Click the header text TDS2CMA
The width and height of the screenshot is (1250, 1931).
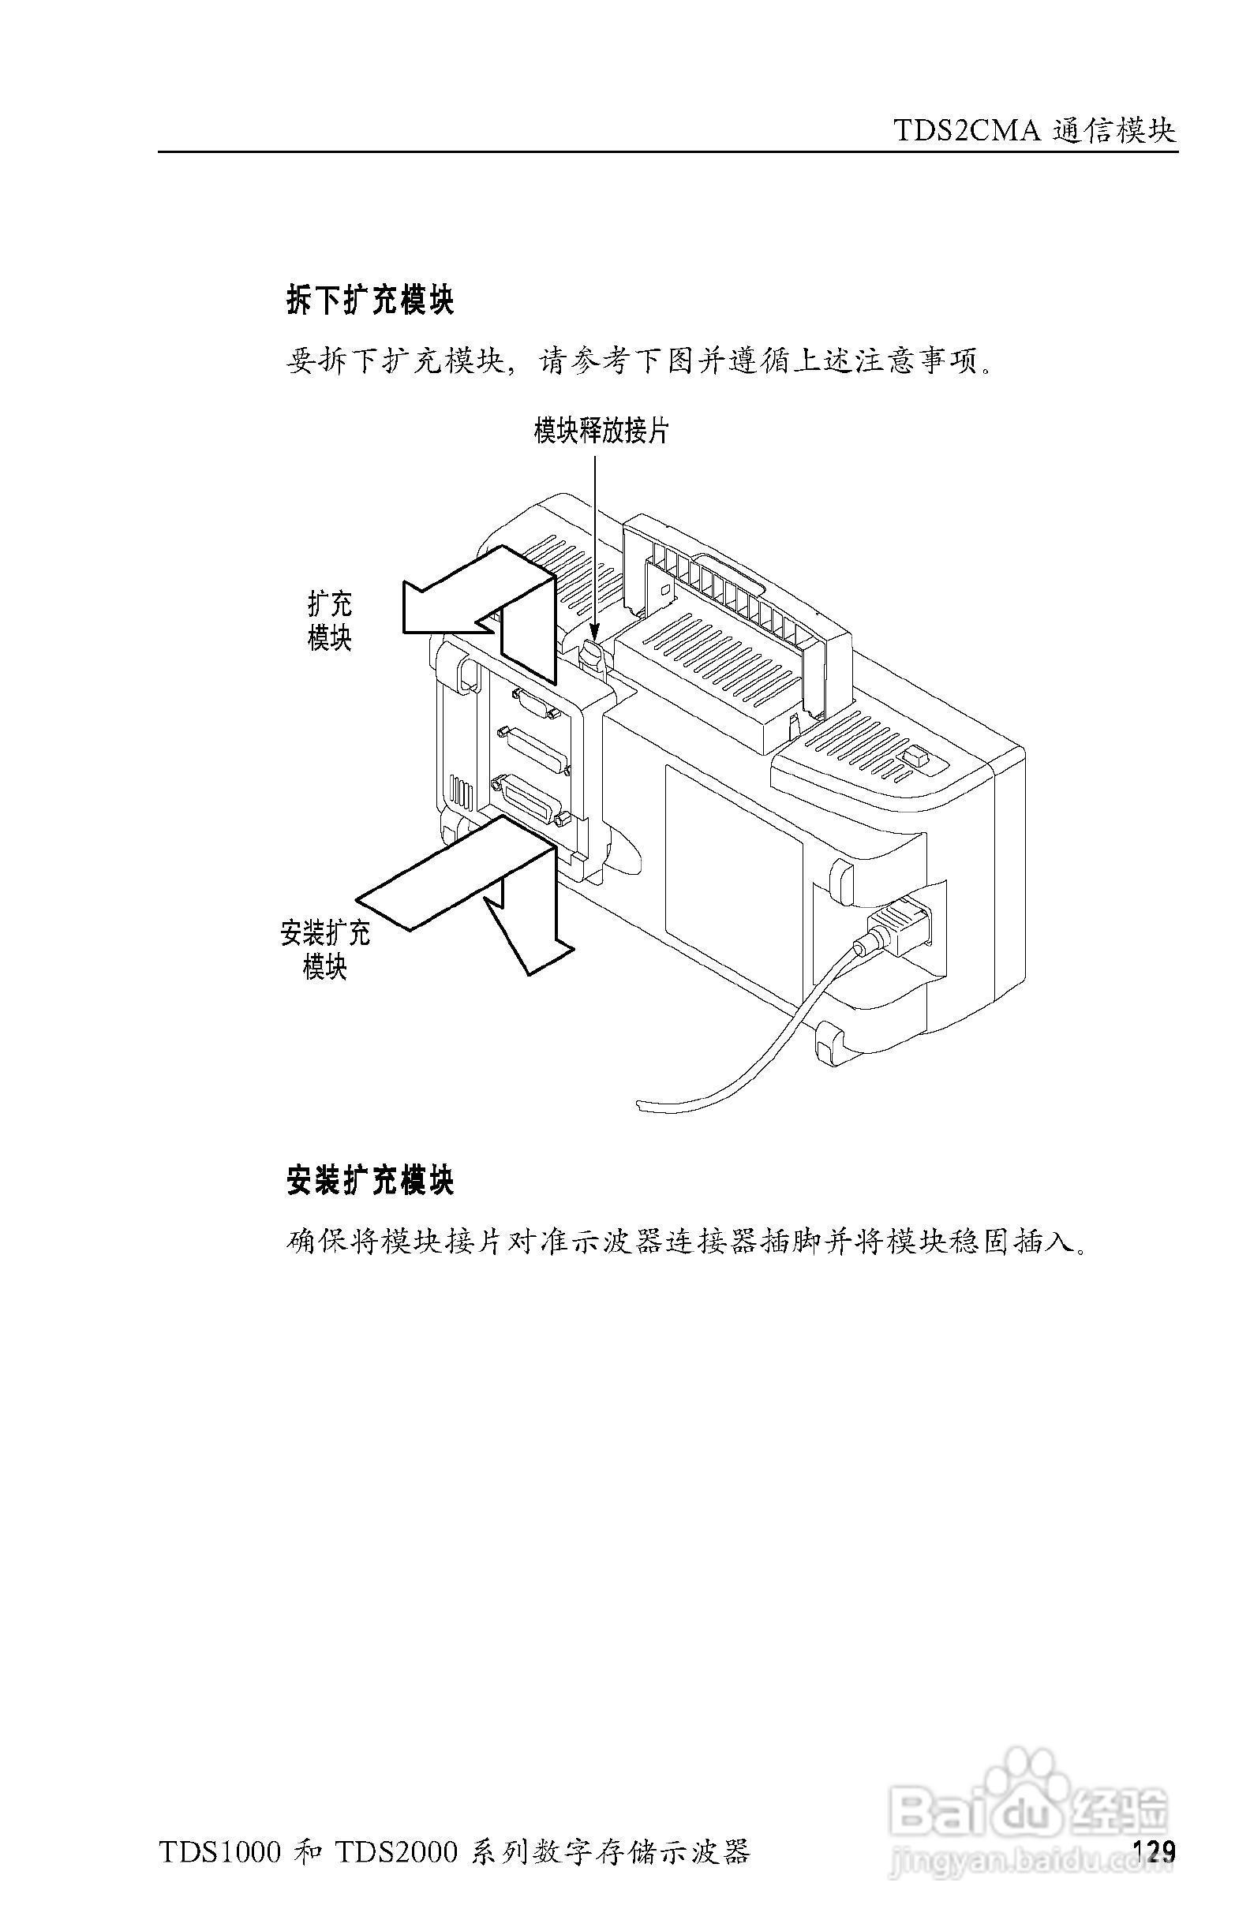tap(966, 131)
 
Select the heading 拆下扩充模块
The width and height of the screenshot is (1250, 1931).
tap(370, 301)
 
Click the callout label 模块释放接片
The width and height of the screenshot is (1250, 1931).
tap(601, 431)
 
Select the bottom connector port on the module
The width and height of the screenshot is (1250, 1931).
tap(532, 798)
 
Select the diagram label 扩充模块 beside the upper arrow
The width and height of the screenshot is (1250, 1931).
tap(330, 621)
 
